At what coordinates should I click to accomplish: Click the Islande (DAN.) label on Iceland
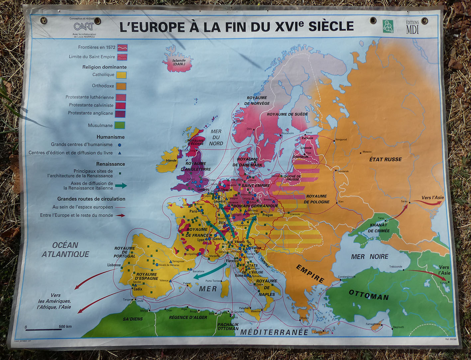coord(178,62)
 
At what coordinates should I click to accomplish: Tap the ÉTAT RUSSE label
coord(385,159)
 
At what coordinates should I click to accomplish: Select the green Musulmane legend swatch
coord(120,125)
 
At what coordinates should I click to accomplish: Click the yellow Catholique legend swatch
coord(121,75)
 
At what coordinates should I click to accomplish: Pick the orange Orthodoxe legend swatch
coord(121,86)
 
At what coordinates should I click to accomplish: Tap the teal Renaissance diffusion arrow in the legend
coord(121,186)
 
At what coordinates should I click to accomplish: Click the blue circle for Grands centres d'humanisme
coord(119,145)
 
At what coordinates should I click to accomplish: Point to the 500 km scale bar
coord(44,329)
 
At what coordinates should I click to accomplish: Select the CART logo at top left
coord(83,26)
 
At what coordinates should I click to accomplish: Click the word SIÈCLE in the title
coord(331,26)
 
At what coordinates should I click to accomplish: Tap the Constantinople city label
coord(347,277)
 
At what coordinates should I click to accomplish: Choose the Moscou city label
coord(367,152)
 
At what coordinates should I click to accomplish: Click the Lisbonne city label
coord(114,265)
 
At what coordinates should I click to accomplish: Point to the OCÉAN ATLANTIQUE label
coord(65,250)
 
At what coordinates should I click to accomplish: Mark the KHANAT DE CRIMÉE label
coord(379,228)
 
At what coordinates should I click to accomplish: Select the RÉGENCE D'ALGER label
coord(188,317)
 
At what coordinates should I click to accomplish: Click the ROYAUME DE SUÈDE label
coord(288,114)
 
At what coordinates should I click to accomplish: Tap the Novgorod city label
coord(341,139)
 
